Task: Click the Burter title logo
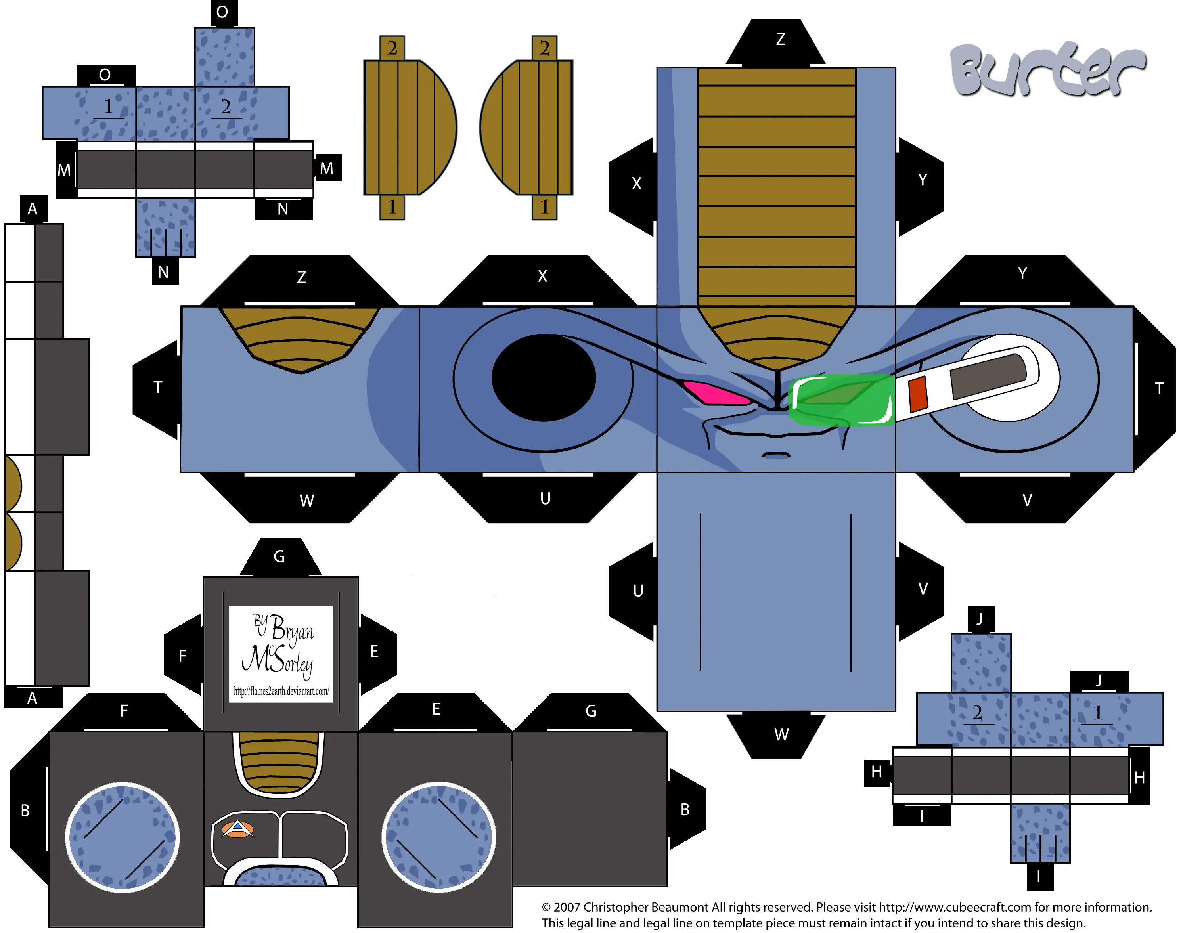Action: [x=1048, y=69]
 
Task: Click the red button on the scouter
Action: [x=918, y=394]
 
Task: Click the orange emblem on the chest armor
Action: [x=237, y=829]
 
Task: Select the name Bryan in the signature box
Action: [x=292, y=628]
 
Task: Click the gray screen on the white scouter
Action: [x=989, y=376]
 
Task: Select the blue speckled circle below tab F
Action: [x=123, y=837]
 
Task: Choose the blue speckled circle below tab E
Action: [x=438, y=837]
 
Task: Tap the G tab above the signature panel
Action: [x=279, y=557]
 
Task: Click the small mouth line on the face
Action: [x=776, y=454]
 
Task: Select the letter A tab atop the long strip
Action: [x=33, y=208]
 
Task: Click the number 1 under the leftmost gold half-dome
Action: [x=392, y=207]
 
